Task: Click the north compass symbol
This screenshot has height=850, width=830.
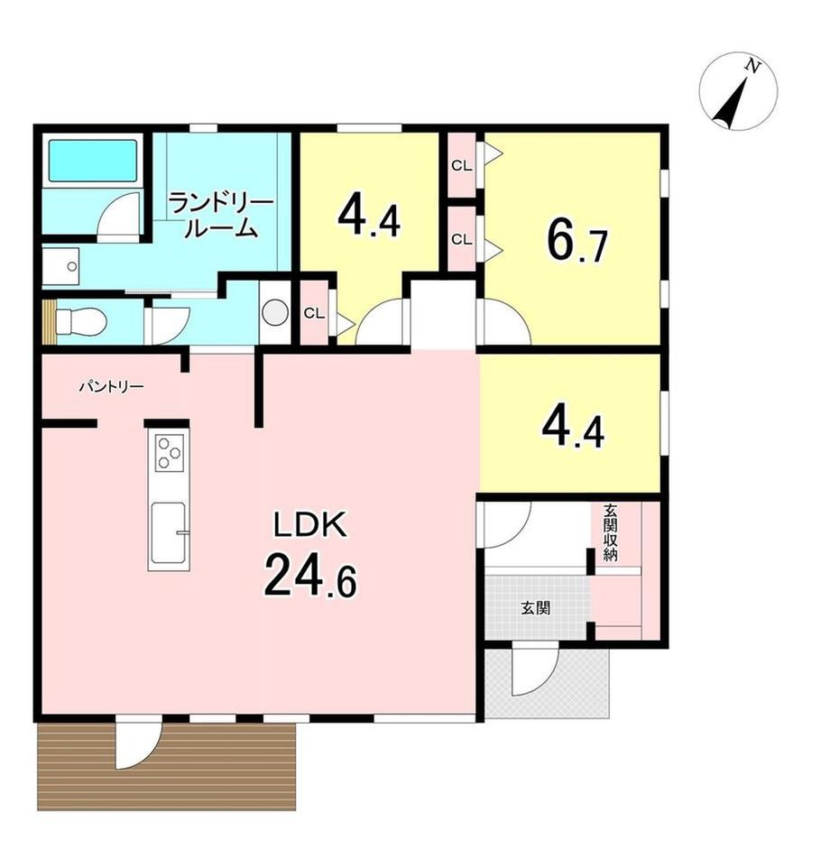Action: pyautogui.click(x=738, y=92)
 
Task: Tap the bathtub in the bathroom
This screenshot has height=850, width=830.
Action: pyautogui.click(x=93, y=161)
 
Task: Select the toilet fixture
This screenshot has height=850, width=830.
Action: pyautogui.click(x=81, y=321)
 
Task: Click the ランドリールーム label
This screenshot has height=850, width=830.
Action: pyautogui.click(x=220, y=216)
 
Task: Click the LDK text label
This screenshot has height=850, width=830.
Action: pyautogui.click(x=309, y=525)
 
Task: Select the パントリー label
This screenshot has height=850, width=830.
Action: pyautogui.click(x=112, y=386)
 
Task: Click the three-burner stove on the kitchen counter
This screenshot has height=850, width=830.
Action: pyautogui.click(x=170, y=451)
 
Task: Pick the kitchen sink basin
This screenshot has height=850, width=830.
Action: pyautogui.click(x=169, y=533)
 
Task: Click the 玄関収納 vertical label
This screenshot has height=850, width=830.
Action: pyautogui.click(x=611, y=533)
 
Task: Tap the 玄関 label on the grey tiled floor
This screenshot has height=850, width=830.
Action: pyautogui.click(x=536, y=607)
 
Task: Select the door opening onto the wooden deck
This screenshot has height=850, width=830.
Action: pyautogui.click(x=138, y=744)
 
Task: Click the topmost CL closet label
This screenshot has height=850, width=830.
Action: pyautogui.click(x=461, y=166)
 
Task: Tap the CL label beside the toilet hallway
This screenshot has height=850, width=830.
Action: pyautogui.click(x=314, y=313)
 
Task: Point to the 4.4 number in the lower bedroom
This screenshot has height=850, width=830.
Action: pyautogui.click(x=573, y=429)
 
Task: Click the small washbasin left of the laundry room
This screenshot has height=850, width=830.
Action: pyautogui.click(x=61, y=266)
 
